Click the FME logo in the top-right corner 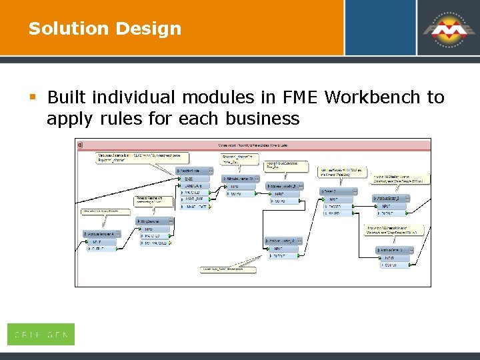[x=445, y=29]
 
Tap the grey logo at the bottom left [x=41, y=334]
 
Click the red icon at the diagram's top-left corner [x=79, y=145]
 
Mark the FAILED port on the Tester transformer [x=334, y=213]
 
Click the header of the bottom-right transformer [x=394, y=250]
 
